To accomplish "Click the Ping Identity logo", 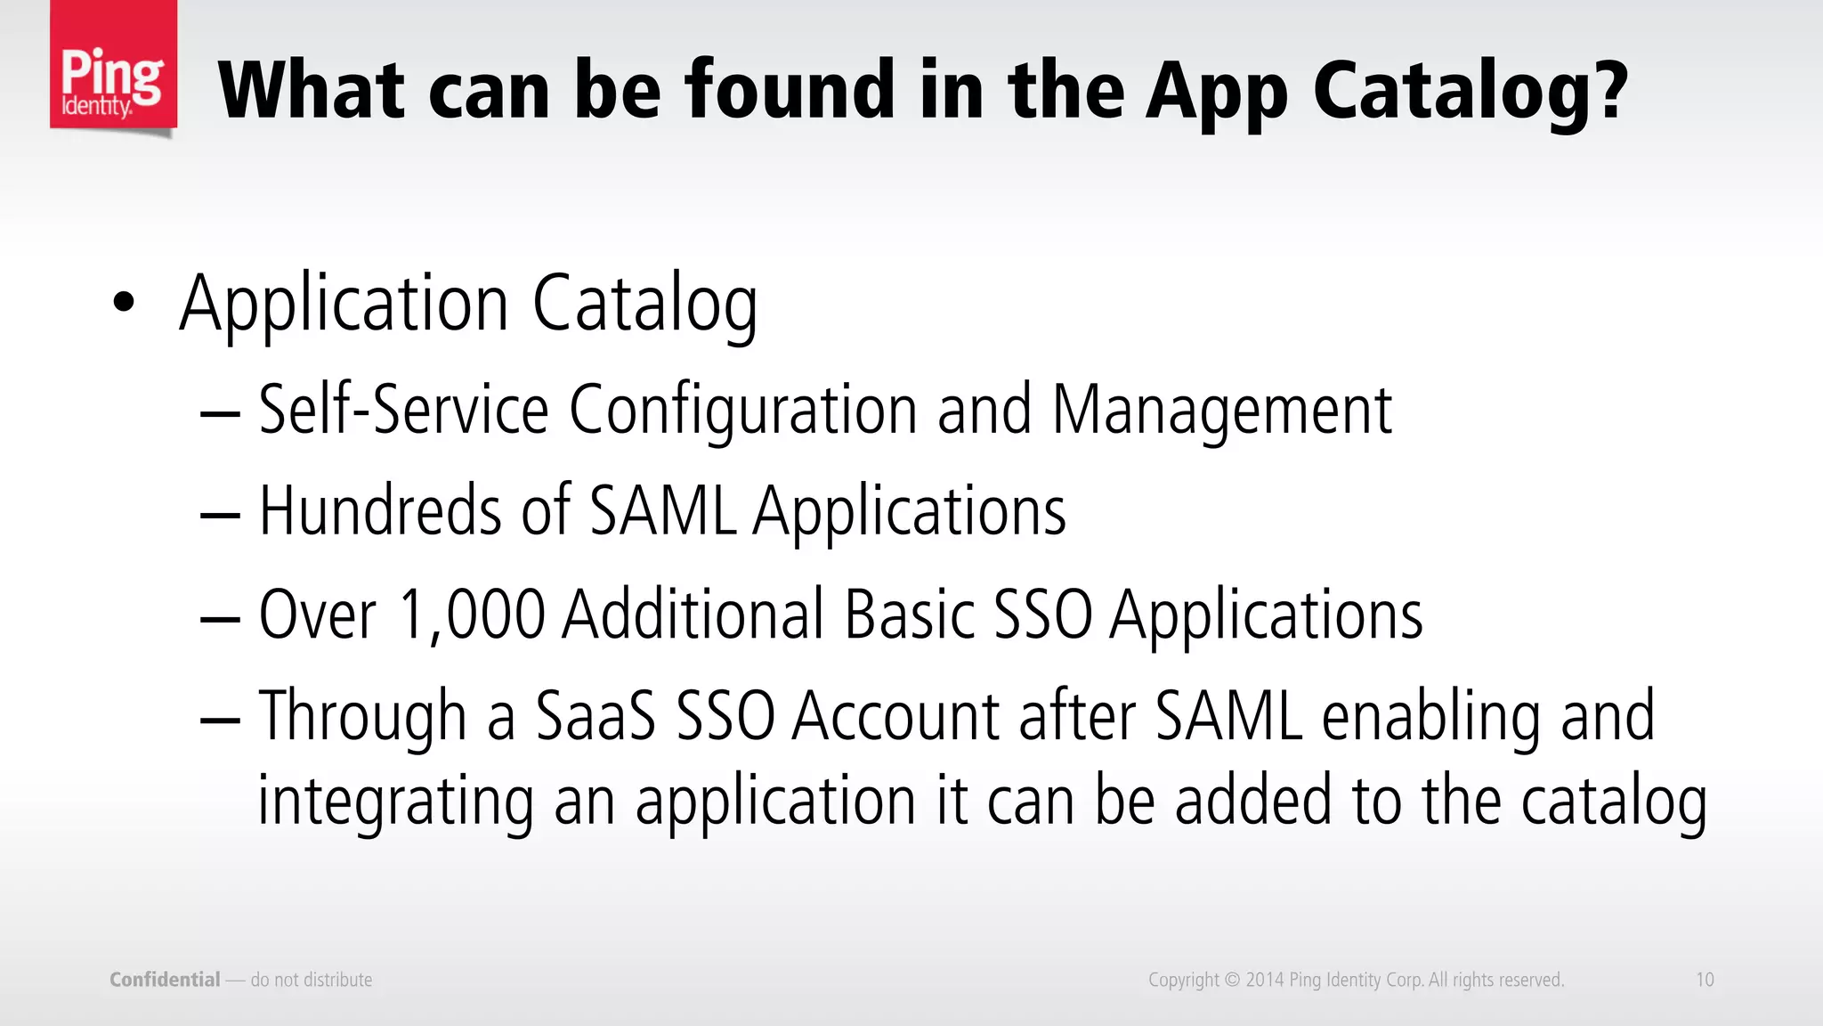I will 113,69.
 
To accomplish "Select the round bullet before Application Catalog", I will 124,303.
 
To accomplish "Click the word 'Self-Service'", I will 403,410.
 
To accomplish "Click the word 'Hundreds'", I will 380,511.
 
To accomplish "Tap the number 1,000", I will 472,615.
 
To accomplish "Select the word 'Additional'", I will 693,615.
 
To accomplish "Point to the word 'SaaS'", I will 595,716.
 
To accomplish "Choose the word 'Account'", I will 895,716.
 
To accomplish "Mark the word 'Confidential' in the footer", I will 165,980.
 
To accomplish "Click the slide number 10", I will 1705,980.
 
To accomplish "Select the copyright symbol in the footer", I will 1232,980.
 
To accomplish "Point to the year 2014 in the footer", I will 1264,980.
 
